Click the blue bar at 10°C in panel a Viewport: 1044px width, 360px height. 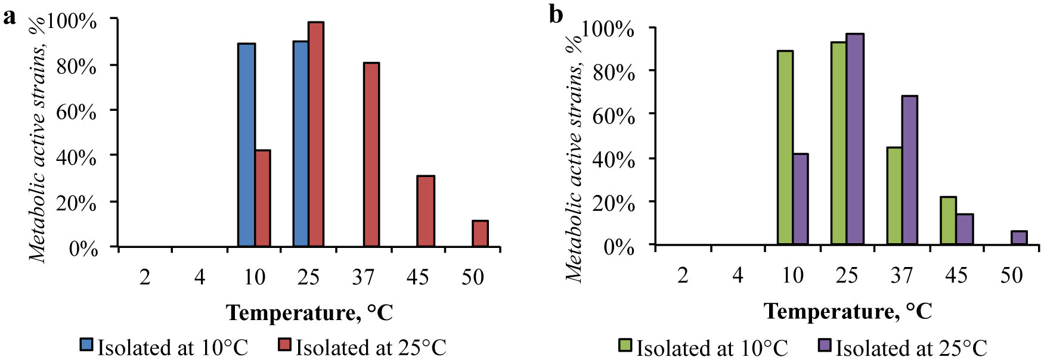246,145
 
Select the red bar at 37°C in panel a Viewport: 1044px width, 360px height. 371,154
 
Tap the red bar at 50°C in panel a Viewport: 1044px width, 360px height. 480,234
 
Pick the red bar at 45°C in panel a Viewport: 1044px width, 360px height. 426,211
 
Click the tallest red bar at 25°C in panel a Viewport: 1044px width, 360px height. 316,134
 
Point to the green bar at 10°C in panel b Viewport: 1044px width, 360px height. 785,148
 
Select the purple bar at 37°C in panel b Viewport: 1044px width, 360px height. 909,170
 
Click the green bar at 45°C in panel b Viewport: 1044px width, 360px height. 948,221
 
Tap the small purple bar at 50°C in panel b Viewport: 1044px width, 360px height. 1019,238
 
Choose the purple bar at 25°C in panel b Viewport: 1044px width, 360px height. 854,139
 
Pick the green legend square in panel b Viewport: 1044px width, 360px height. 626,345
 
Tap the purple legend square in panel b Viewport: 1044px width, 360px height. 825,345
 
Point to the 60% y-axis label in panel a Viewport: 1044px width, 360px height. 76,111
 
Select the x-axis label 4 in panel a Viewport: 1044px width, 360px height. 199,277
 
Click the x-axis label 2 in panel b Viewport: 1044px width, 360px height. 683,275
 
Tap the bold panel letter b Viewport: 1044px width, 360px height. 556,15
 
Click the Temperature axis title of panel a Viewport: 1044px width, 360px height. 309,312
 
